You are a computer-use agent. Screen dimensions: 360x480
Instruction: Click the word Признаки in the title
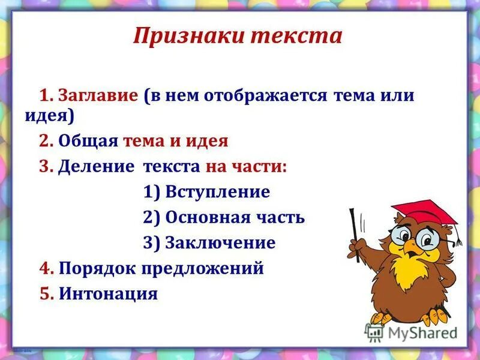188,37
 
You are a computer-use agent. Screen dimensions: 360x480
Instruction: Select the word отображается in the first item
265,96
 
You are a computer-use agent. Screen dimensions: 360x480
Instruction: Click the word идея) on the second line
49,115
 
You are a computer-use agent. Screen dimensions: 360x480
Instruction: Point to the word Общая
89,141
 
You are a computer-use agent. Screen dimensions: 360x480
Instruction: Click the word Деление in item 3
96,167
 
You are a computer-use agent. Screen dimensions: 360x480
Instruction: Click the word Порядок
98,268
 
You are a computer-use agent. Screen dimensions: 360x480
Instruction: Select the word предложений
203,268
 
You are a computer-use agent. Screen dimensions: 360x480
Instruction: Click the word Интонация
108,294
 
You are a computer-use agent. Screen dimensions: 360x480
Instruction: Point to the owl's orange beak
410,247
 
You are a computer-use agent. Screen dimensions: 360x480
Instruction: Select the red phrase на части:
246,167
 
